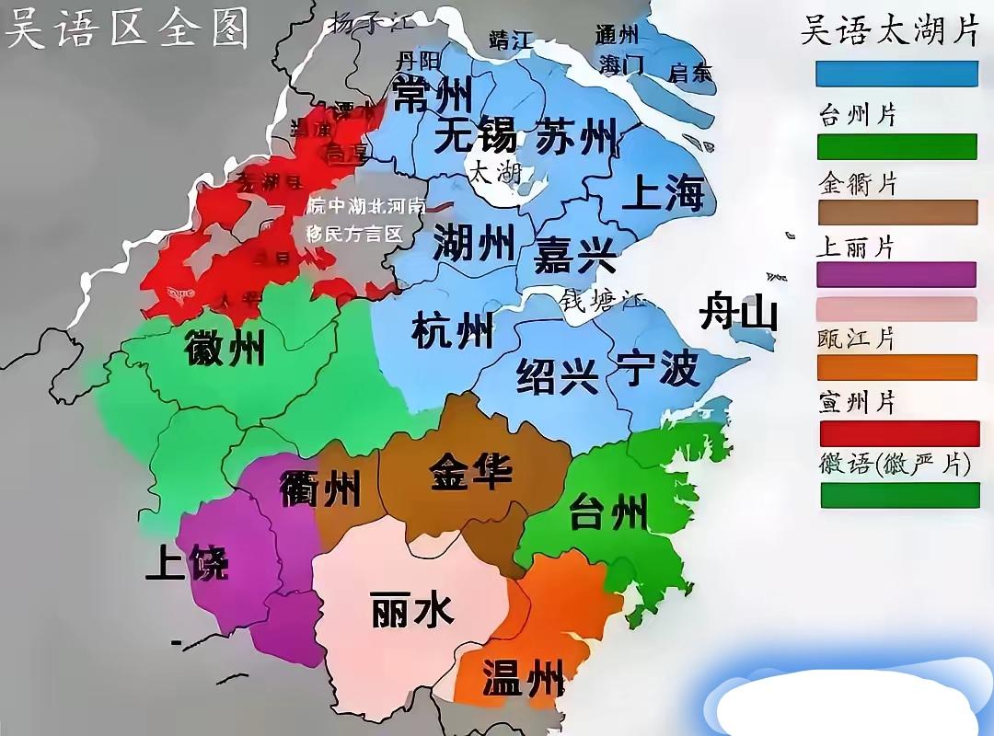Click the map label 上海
[x=663, y=193]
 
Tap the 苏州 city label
[x=576, y=136]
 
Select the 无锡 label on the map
[x=475, y=136]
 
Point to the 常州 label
[x=433, y=94]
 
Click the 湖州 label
[x=474, y=244]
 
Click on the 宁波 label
[x=658, y=370]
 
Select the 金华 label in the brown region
[x=471, y=472]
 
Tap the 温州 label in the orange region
[x=523, y=678]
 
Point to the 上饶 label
[x=186, y=562]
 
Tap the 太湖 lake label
[x=495, y=173]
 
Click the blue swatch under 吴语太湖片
[x=897, y=74]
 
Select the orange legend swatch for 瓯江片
[x=897, y=367]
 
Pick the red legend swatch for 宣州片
[x=899, y=433]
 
